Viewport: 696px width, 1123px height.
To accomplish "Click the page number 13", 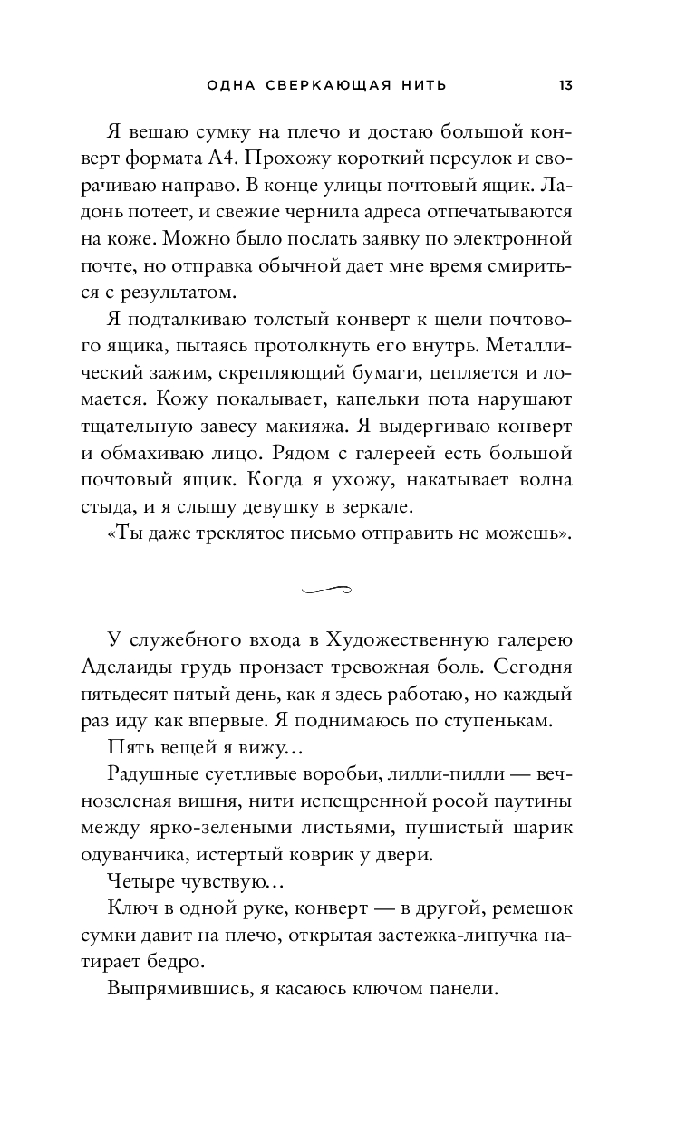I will click(565, 85).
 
